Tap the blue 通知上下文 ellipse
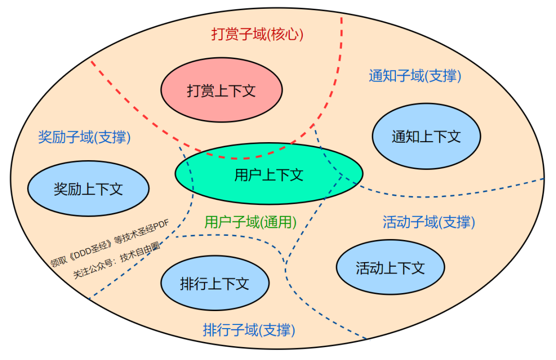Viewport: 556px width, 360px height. [426, 136]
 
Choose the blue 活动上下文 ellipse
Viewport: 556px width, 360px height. [390, 267]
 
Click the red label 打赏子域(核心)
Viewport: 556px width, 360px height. [257, 34]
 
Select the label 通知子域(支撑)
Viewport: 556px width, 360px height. [415, 76]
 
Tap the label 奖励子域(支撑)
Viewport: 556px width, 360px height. [84, 137]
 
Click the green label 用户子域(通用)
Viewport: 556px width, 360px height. [251, 222]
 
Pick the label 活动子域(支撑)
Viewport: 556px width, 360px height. [429, 222]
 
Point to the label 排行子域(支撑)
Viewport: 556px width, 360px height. [249, 329]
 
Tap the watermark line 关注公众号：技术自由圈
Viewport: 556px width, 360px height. [116, 260]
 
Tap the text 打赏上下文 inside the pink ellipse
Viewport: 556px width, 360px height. [221, 91]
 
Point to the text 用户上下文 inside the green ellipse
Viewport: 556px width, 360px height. [269, 175]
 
